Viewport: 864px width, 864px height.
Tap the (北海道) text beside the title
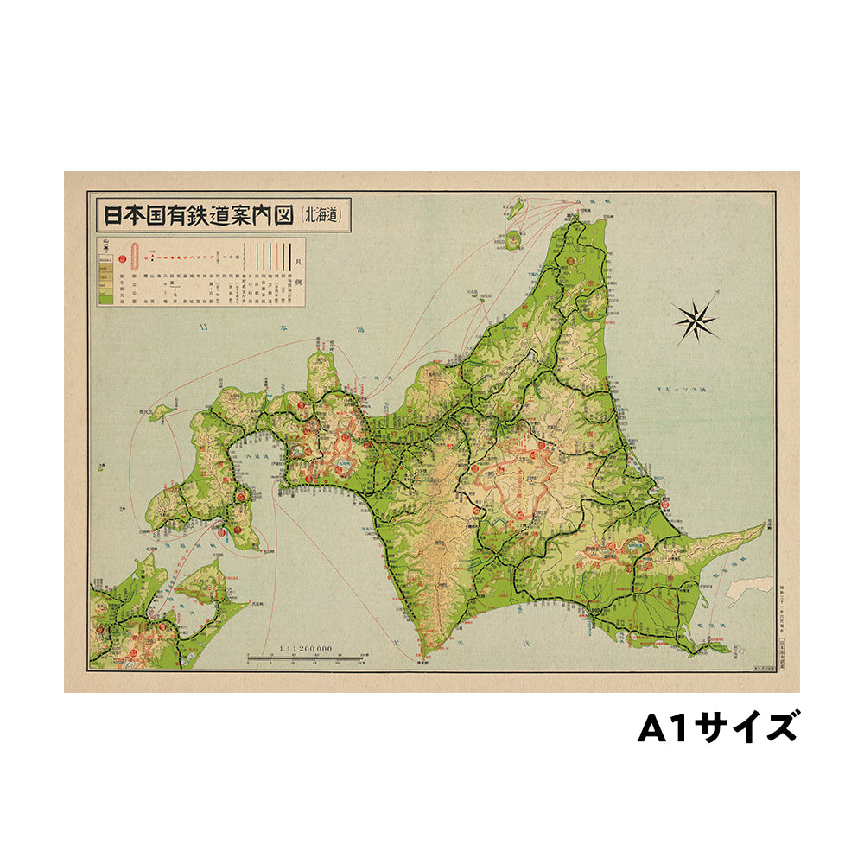(326, 215)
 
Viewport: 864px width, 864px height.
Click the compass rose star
(696, 319)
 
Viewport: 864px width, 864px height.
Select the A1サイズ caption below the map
(717, 727)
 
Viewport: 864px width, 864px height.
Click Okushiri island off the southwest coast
(161, 413)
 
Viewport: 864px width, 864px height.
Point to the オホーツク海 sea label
(683, 391)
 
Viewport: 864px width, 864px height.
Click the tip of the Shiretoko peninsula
(765, 524)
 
